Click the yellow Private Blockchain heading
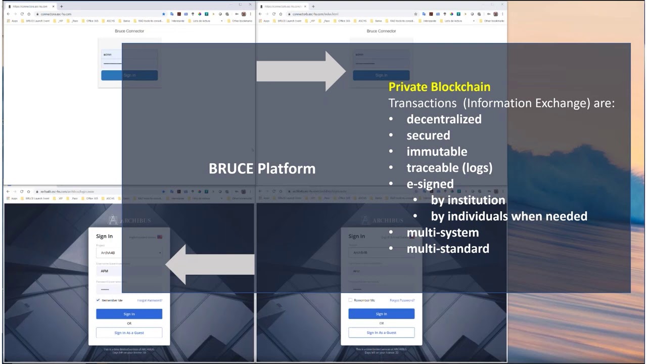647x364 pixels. (x=439, y=87)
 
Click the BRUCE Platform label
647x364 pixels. (x=262, y=168)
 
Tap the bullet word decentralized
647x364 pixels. (x=444, y=119)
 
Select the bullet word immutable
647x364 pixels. (x=437, y=152)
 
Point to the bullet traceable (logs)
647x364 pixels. (x=449, y=168)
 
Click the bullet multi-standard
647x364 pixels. (x=448, y=249)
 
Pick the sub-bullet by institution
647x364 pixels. (x=468, y=200)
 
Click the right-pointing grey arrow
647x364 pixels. (x=301, y=71)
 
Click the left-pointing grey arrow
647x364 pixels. (x=210, y=264)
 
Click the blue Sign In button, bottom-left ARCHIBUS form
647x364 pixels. (x=129, y=314)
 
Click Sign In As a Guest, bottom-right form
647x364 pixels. (x=381, y=333)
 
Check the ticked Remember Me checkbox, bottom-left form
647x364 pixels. (x=98, y=300)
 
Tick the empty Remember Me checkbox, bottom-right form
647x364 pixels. (x=350, y=300)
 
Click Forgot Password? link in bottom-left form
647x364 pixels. (x=150, y=300)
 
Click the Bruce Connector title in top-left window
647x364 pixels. (x=129, y=31)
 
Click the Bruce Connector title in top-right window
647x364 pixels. (x=381, y=31)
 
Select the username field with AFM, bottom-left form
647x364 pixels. (x=129, y=271)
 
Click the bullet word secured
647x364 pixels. (x=428, y=135)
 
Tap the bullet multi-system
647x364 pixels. (x=442, y=233)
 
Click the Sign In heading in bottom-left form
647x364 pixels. (x=104, y=236)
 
